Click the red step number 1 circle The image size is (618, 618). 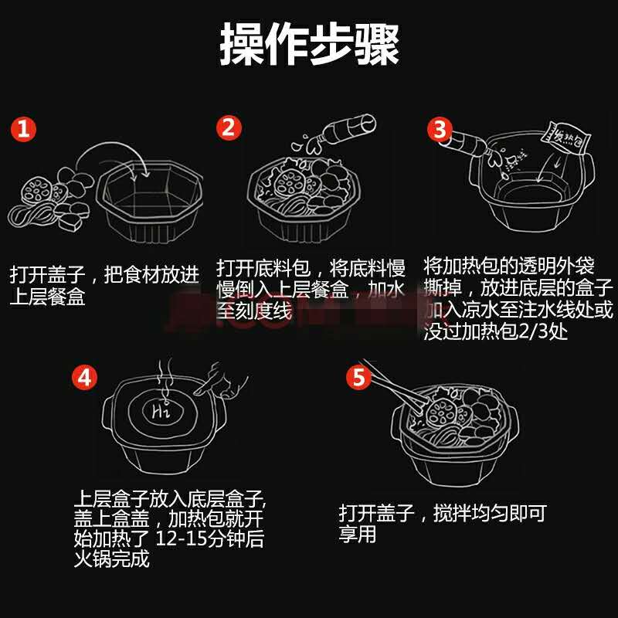click(23, 129)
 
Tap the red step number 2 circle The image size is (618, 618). click(229, 127)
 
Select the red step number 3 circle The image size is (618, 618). click(440, 129)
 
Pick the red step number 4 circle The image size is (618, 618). click(84, 377)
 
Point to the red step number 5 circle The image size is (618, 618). click(358, 377)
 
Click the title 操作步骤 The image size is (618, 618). click(310, 43)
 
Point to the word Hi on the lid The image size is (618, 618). click(161, 412)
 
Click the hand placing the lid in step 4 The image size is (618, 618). click(221, 380)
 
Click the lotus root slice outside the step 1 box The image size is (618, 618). click(36, 191)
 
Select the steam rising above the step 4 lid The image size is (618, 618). click(165, 379)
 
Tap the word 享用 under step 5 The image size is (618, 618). click(358, 535)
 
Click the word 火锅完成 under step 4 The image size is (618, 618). click(112, 559)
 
